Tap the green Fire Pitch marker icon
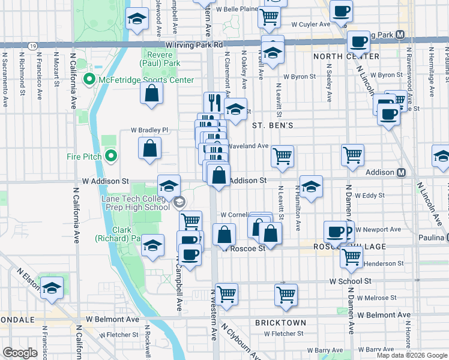110,157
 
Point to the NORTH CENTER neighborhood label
346,56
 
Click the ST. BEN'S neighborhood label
273,125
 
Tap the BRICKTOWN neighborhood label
281,323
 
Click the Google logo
20,352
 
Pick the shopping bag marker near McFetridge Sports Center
152,94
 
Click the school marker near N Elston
52,289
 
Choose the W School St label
350,281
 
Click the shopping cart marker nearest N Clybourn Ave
227,294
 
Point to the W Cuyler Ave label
311,25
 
